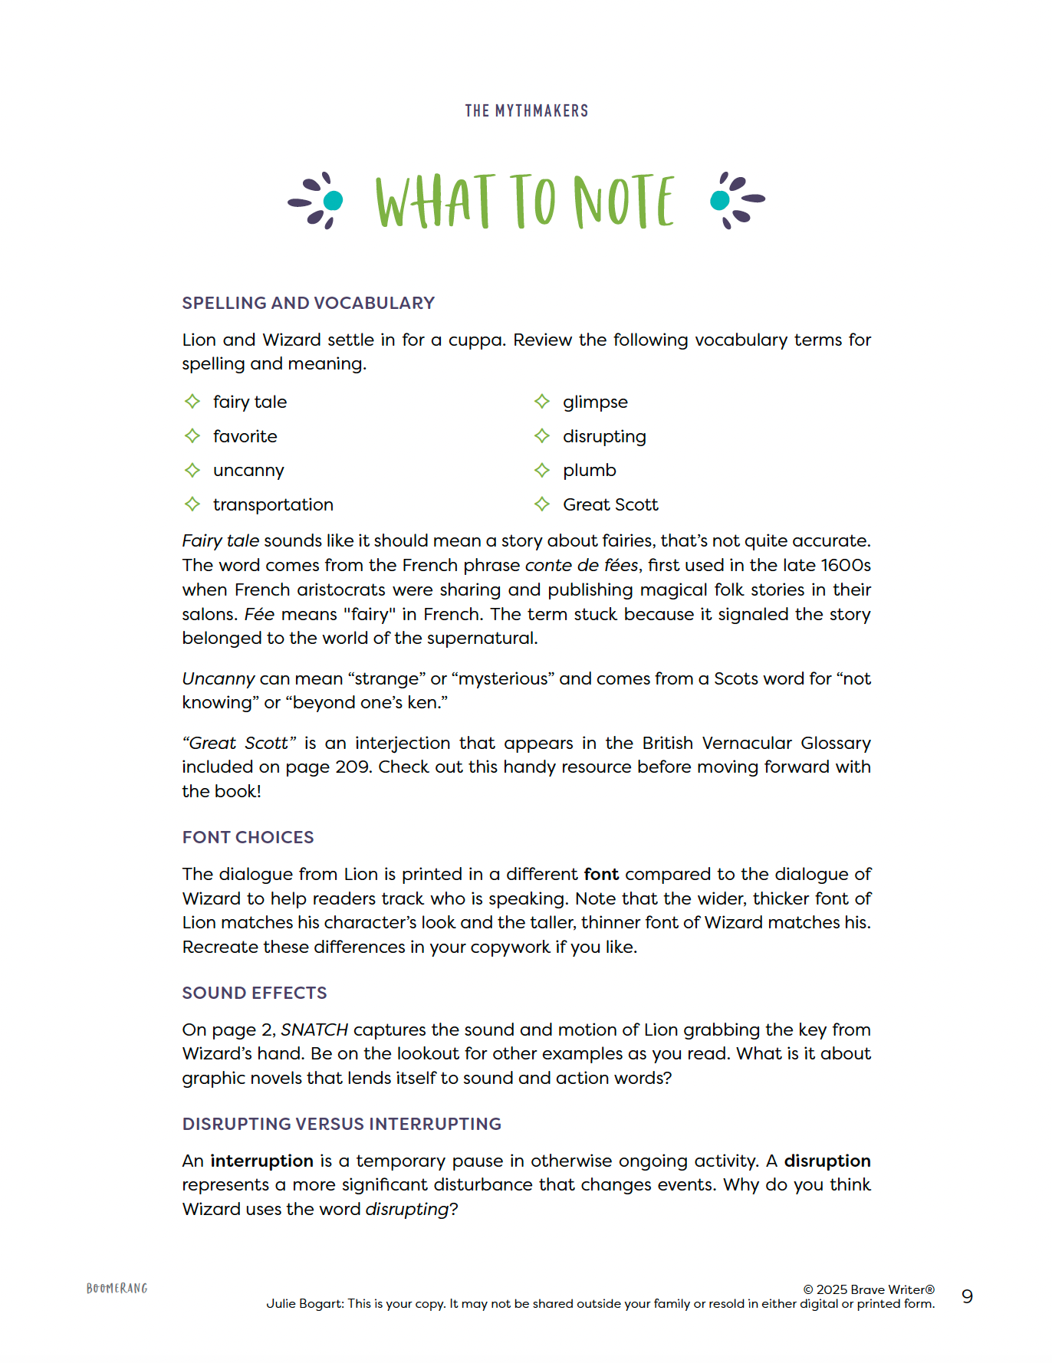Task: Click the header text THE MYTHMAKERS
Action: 526,111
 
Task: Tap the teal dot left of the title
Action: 334,201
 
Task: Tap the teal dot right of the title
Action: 719,201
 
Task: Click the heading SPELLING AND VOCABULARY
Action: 308,304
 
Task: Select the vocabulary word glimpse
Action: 595,402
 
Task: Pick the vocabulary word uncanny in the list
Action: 248,471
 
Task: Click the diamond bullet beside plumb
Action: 542,470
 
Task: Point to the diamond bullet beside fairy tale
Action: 192,402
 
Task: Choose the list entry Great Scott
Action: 610,504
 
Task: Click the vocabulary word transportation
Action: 273,504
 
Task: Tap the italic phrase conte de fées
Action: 581,566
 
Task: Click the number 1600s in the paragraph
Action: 846,566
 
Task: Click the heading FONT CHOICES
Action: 248,838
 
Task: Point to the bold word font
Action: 601,875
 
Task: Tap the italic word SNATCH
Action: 314,1030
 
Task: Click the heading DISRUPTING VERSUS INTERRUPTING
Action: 341,1124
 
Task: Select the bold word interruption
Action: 261,1161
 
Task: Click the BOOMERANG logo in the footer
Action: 117,1289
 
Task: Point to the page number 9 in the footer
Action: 967,1296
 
